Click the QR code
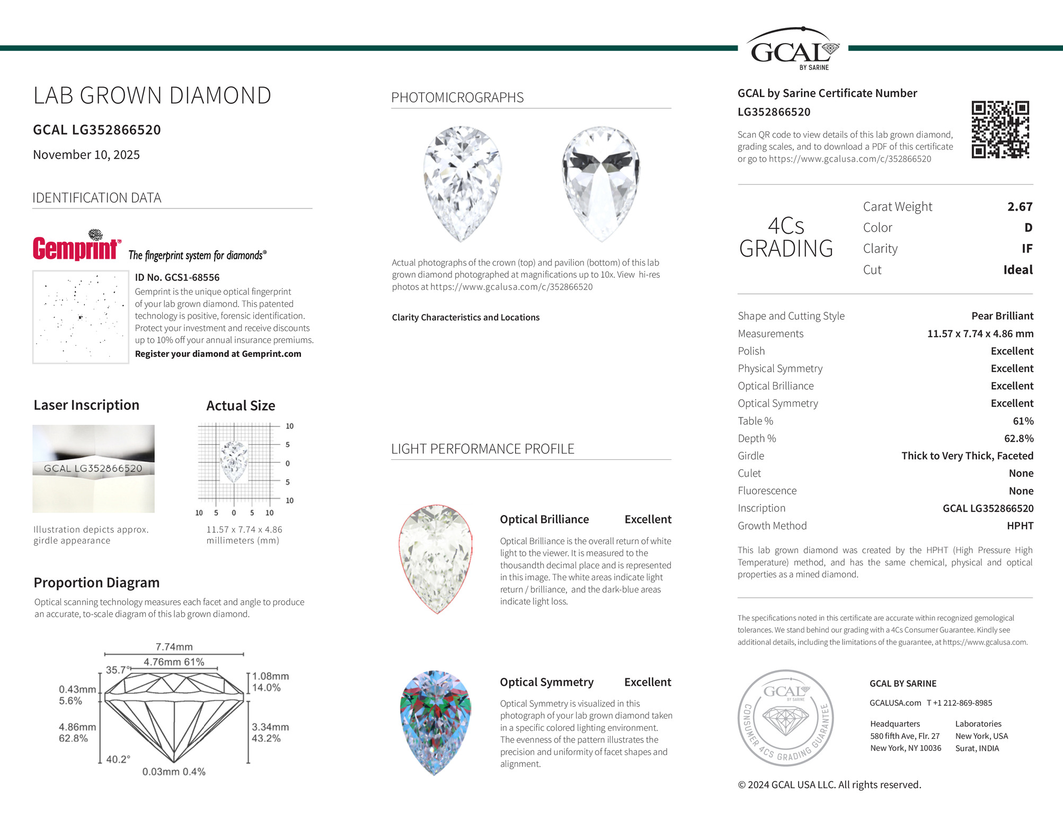click(1000, 129)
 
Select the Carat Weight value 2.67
click(1020, 207)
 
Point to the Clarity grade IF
click(1026, 249)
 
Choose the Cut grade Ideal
click(1017, 270)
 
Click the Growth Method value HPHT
click(1020, 526)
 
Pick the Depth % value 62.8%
click(1018, 439)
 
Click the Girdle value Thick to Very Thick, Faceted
click(967, 456)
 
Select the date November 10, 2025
click(86, 155)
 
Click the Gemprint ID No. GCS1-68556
click(177, 277)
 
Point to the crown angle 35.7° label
click(117, 670)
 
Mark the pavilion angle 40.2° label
click(118, 759)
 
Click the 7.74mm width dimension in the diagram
click(174, 647)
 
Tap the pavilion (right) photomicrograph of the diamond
click(600, 183)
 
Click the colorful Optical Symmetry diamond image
click(435, 722)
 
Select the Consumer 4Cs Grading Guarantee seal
click(785, 718)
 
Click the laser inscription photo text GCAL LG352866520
click(93, 469)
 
